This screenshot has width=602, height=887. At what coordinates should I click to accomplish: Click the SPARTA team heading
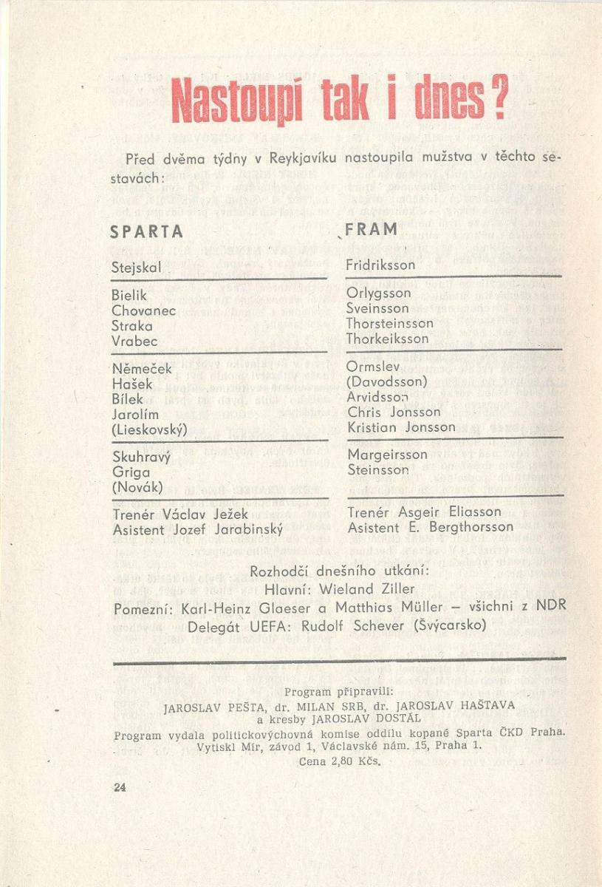[146, 231]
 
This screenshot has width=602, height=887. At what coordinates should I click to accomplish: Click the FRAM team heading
[372, 229]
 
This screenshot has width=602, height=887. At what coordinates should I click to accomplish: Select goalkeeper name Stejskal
[136, 268]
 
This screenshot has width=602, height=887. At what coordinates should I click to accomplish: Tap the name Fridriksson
[380, 265]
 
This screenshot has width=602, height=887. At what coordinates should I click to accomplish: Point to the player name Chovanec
[143, 310]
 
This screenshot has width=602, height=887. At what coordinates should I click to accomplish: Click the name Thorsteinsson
[390, 323]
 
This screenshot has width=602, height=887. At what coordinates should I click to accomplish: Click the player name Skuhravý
[141, 457]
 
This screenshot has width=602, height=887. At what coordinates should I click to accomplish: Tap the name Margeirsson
[387, 455]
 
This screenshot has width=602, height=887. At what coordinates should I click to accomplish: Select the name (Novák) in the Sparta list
[137, 487]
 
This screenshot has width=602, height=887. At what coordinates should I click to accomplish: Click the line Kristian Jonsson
[401, 427]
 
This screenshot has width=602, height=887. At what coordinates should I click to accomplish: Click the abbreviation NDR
[550, 606]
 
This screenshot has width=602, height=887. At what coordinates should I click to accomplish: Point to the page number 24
[120, 788]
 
